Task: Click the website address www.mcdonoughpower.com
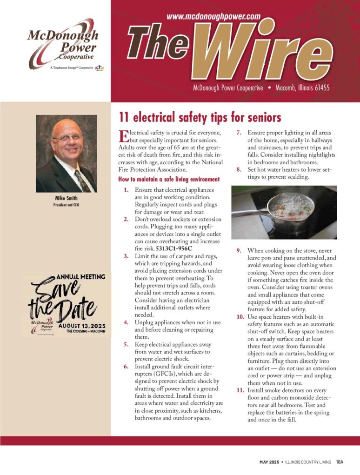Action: (x=213, y=16)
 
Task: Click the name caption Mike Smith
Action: (x=67, y=198)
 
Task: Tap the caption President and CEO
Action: (x=67, y=204)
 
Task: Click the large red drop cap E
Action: (x=123, y=136)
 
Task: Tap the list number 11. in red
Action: (x=240, y=390)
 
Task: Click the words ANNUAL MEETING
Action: (x=82, y=276)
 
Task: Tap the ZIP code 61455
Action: (x=320, y=88)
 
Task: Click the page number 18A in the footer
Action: (x=340, y=462)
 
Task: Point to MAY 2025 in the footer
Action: (x=269, y=462)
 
